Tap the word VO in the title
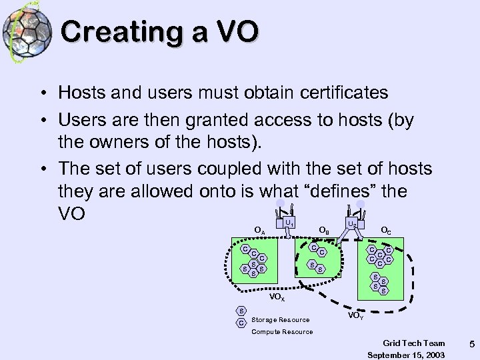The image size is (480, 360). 233,31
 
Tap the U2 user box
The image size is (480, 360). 351,225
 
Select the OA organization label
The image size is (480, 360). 259,231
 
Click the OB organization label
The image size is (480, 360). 323,231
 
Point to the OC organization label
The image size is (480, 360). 385,231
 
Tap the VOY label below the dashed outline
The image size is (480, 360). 357,314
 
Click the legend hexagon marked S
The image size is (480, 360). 241,310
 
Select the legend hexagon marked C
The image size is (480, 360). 241,323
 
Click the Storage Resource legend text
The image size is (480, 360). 280,319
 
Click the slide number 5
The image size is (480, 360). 471,344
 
